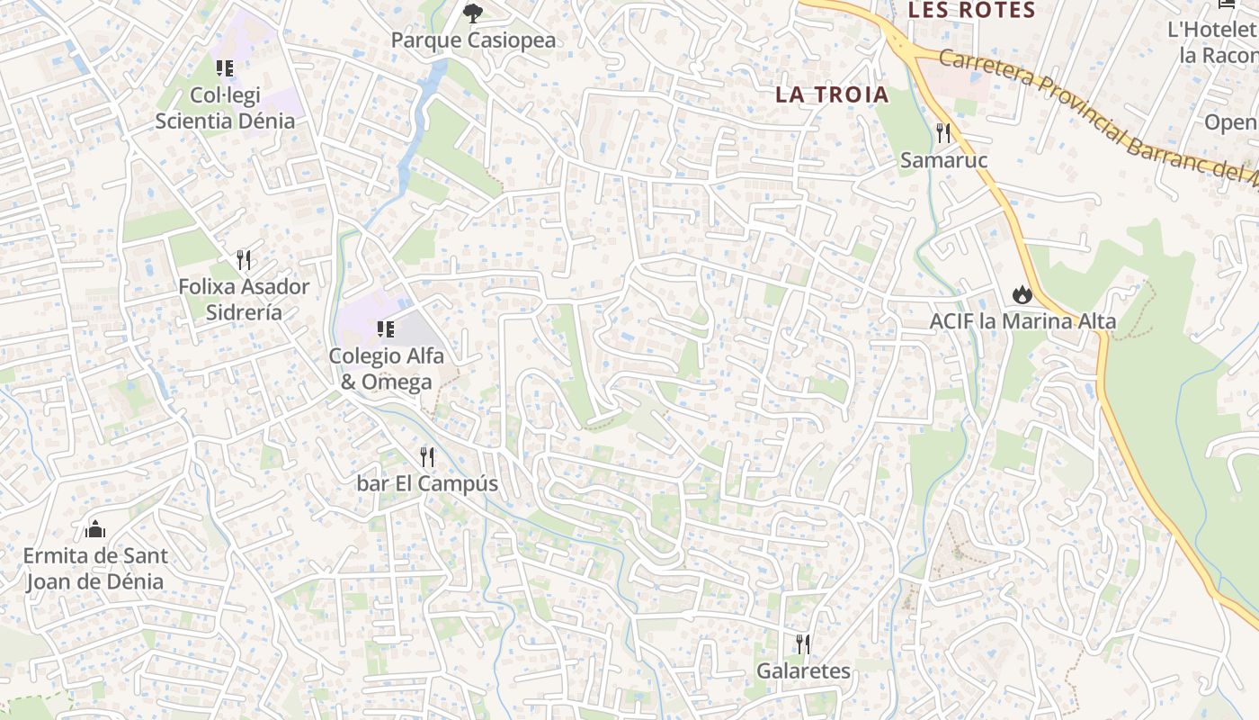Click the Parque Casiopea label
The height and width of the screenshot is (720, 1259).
[473, 40]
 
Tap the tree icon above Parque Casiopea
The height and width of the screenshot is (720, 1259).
[472, 13]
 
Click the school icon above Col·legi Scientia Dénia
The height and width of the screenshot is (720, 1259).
[225, 67]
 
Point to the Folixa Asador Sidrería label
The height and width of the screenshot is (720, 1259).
[244, 300]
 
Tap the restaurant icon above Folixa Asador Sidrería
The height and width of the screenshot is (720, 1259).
[244, 261]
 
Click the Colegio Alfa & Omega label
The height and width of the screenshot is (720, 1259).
[386, 368]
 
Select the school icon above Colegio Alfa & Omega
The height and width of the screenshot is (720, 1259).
[386, 329]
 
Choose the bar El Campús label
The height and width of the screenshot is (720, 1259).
[427, 484]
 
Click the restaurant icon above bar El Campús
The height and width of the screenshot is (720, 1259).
[427, 457]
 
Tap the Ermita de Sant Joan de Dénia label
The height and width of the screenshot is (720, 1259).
[94, 568]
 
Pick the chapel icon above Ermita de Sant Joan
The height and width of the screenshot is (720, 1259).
[94, 529]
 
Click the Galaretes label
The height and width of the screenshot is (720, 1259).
[803, 671]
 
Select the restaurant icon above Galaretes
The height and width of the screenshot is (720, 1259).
[803, 644]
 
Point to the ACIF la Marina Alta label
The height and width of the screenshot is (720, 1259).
[1022, 321]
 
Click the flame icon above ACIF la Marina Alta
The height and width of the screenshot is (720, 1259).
[1022, 294]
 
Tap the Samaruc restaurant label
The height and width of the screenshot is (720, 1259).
[944, 160]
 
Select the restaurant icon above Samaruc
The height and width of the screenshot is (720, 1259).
[943, 133]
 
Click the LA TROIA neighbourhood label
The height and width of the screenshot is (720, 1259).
[832, 94]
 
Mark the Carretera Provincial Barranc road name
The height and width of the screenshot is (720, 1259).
[1088, 108]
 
